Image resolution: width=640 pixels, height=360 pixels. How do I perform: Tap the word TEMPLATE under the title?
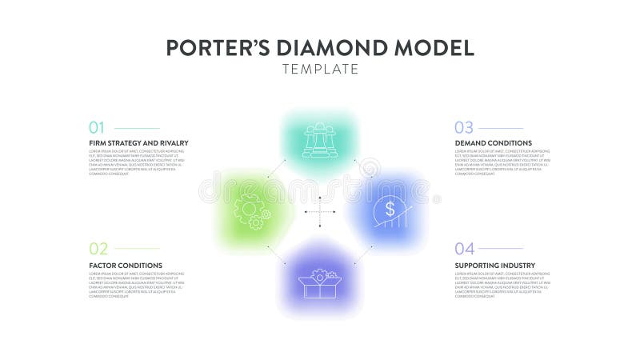pos(320,70)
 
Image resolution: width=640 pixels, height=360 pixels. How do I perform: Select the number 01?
pos(97,128)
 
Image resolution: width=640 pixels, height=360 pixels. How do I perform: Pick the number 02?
pos(98,249)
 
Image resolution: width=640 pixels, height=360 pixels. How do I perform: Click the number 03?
pos(464,128)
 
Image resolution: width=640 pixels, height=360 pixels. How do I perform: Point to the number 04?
pos(464,249)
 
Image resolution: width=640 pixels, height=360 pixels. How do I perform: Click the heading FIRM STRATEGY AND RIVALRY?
pos(138,143)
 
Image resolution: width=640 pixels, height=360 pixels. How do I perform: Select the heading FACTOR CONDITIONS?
pos(126,265)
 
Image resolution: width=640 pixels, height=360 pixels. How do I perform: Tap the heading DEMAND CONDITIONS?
pos(493,143)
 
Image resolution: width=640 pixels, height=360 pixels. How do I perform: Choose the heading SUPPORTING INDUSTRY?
pos(494,265)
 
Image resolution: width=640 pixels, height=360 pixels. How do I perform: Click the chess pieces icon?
pos(319,141)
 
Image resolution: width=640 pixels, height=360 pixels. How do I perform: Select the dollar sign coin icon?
pos(390,210)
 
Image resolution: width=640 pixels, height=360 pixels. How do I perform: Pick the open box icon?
pos(319,282)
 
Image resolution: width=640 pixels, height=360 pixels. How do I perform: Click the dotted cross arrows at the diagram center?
pos(320,212)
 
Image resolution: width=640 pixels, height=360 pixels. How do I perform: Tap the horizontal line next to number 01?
pos(136,128)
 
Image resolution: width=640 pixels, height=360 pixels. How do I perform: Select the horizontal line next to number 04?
pos(501,249)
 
